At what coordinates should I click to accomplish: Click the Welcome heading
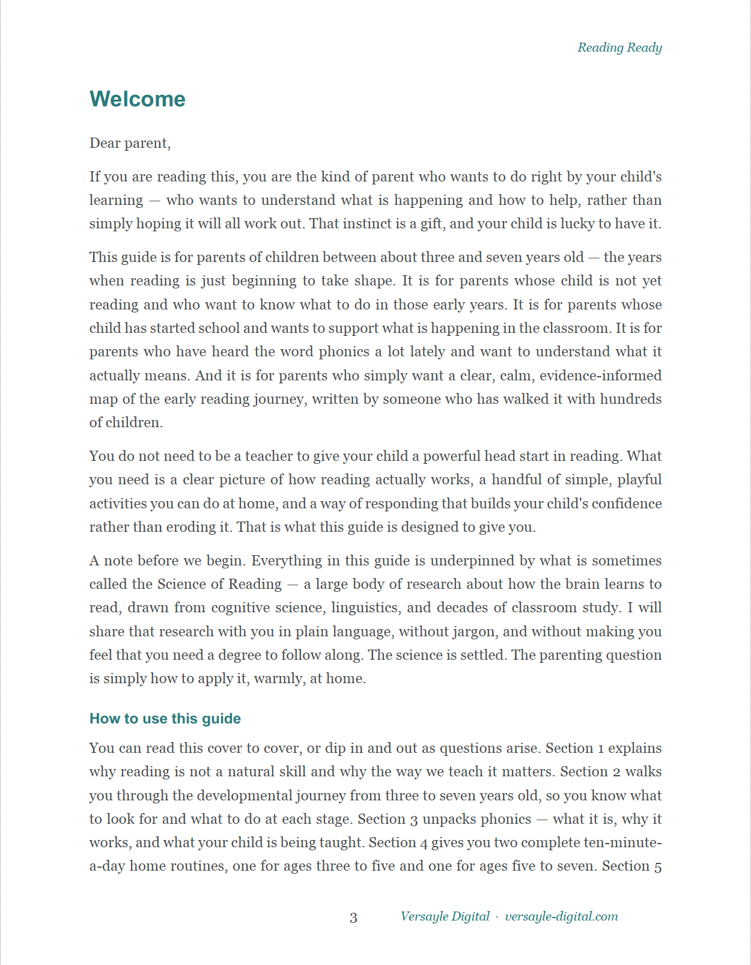[138, 99]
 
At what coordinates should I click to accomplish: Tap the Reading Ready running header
[619, 47]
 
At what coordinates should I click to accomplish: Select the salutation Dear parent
[130, 143]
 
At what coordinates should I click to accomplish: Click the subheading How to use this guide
[165, 719]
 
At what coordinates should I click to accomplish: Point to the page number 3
[353, 918]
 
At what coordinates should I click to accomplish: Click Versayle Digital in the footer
[445, 916]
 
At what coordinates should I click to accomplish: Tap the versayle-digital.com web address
[561, 916]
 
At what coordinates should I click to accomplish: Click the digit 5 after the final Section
[658, 866]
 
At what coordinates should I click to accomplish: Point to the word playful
[639, 479]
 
